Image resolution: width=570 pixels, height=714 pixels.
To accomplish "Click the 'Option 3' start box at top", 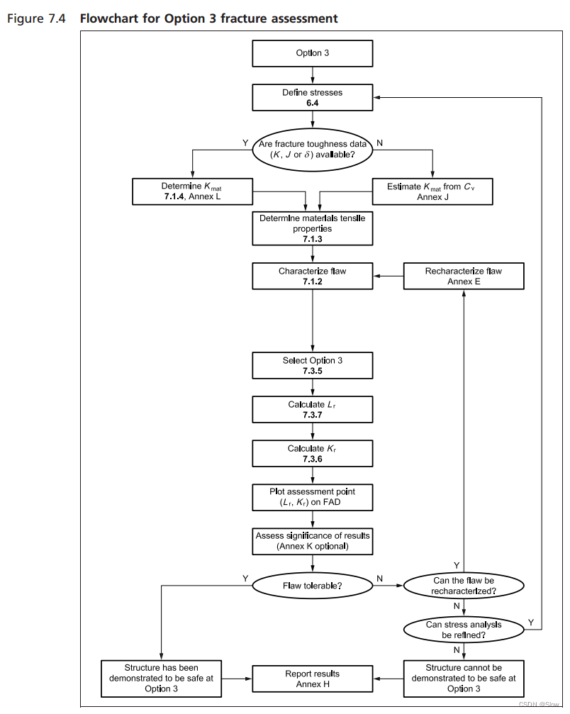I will [x=313, y=53].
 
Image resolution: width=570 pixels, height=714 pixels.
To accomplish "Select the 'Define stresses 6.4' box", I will [x=313, y=98].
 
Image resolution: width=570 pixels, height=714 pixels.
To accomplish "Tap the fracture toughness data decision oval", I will [x=313, y=149].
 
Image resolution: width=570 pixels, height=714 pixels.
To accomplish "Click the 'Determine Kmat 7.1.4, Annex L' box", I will [x=193, y=191].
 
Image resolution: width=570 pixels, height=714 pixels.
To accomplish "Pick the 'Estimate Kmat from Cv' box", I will [x=432, y=191].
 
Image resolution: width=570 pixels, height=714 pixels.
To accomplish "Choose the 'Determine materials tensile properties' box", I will [x=313, y=228].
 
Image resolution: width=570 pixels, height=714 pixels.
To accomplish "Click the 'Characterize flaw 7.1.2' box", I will [x=313, y=276].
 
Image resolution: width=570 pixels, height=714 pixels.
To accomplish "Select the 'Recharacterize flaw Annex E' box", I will [x=464, y=276].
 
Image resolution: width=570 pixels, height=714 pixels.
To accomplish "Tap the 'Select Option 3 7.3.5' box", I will [x=313, y=365].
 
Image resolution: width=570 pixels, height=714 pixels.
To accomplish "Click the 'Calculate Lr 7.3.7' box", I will [x=313, y=409].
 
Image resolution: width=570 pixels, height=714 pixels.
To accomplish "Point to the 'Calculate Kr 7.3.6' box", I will [x=313, y=453].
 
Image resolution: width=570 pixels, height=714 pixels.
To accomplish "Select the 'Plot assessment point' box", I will [x=313, y=496].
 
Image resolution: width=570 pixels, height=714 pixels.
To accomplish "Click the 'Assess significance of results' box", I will [x=313, y=540].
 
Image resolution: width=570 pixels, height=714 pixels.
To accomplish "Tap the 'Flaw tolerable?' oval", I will [x=313, y=585].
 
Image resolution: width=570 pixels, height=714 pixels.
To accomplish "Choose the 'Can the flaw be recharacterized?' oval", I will [x=464, y=585].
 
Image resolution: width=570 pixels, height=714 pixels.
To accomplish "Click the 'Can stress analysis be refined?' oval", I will [x=464, y=630].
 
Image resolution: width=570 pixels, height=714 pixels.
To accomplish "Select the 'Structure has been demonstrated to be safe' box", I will [x=162, y=678].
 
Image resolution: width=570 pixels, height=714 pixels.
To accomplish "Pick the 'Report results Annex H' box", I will [x=313, y=678].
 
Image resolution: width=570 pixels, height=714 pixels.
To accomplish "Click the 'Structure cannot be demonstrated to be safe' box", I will [x=464, y=678].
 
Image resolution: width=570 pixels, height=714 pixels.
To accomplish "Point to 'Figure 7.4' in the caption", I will [x=36, y=18].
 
